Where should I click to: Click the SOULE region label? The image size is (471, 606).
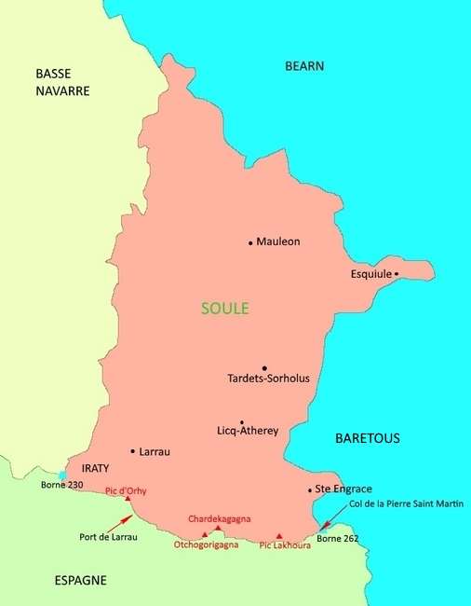click(x=224, y=309)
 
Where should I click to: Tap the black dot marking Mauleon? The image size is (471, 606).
click(x=250, y=242)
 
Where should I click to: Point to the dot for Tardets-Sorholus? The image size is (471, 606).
click(x=264, y=368)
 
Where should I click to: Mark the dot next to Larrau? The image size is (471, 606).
click(x=133, y=451)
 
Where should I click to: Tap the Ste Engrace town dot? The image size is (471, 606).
click(x=310, y=489)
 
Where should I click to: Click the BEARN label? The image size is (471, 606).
click(x=303, y=66)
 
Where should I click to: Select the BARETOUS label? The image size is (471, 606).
click(x=367, y=437)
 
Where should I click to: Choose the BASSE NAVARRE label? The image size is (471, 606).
click(x=62, y=82)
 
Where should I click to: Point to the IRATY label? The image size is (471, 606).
click(x=96, y=469)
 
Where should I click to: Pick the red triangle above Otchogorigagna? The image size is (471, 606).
click(x=205, y=535)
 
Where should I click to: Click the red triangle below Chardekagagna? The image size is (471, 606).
click(x=218, y=529)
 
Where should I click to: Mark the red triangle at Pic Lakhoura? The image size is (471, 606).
click(x=278, y=536)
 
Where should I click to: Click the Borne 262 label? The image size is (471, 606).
click(x=337, y=539)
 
